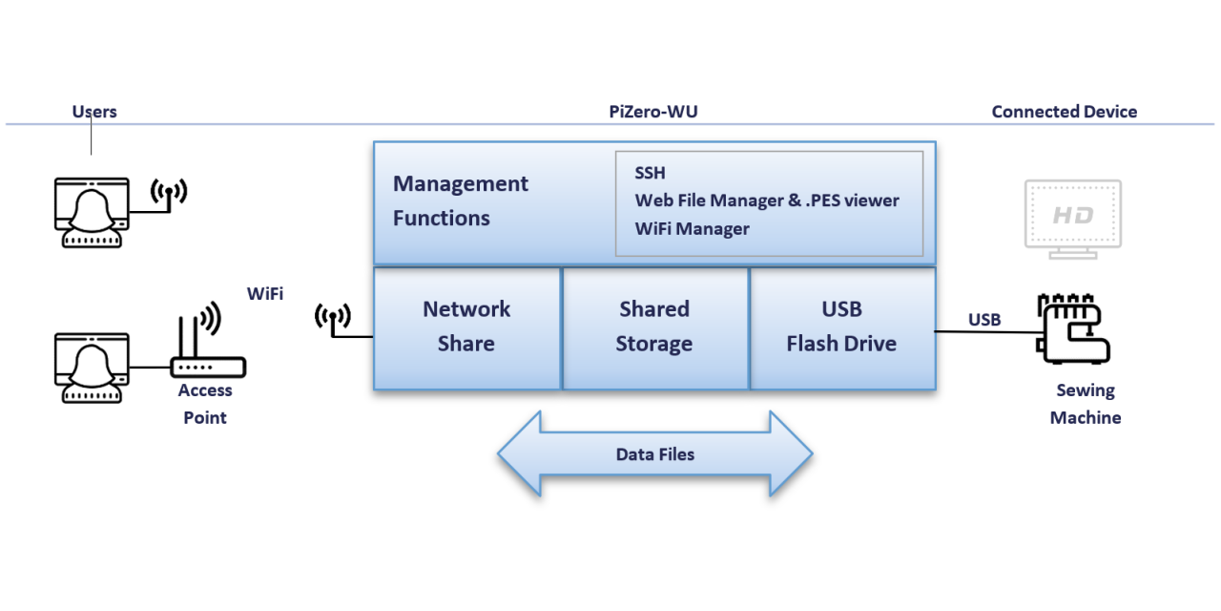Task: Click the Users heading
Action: pyautogui.click(x=94, y=112)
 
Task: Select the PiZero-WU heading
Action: pyautogui.click(x=653, y=112)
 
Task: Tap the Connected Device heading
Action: pyautogui.click(x=1064, y=112)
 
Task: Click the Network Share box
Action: pyautogui.click(x=466, y=327)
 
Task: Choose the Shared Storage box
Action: pyautogui.click(x=654, y=327)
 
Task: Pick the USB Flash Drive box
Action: pyautogui.click(x=841, y=327)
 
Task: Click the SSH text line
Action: pyautogui.click(x=651, y=173)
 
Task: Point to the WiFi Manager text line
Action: pyautogui.click(x=692, y=228)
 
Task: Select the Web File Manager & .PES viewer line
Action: pyautogui.click(x=767, y=200)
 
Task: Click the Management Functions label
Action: pyautogui.click(x=460, y=200)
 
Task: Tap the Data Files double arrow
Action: pyautogui.click(x=654, y=454)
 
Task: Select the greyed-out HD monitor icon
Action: pyautogui.click(x=1072, y=219)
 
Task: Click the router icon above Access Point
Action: pyautogui.click(x=205, y=346)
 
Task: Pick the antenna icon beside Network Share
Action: pyautogui.click(x=333, y=321)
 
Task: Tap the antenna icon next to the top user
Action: pyautogui.click(x=169, y=194)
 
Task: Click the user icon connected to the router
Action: pyautogui.click(x=92, y=367)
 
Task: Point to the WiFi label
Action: pyautogui.click(x=265, y=294)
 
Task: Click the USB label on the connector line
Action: pyautogui.click(x=984, y=320)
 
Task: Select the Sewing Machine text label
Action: pyautogui.click(x=1086, y=404)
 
